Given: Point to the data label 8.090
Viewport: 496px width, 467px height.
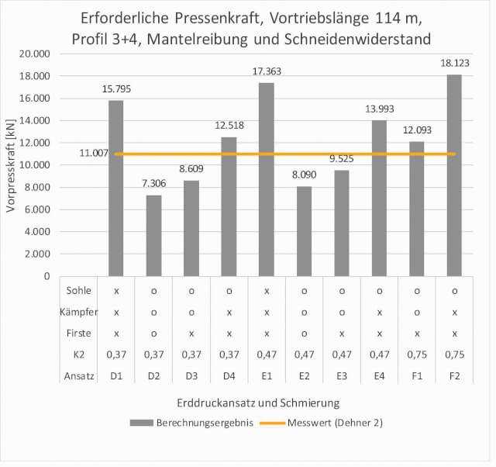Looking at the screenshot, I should pos(304,176).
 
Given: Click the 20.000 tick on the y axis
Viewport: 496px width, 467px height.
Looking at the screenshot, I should pos(35,54).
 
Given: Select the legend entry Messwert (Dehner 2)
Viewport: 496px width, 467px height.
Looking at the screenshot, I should pos(334,423).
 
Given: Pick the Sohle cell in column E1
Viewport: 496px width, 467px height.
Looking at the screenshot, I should pos(266,290).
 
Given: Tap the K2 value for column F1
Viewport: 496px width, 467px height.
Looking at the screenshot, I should pos(417,355).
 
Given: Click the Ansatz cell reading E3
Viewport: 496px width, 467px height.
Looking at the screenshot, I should pos(341,375).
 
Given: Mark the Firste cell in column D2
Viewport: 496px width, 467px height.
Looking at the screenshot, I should pos(153,333).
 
